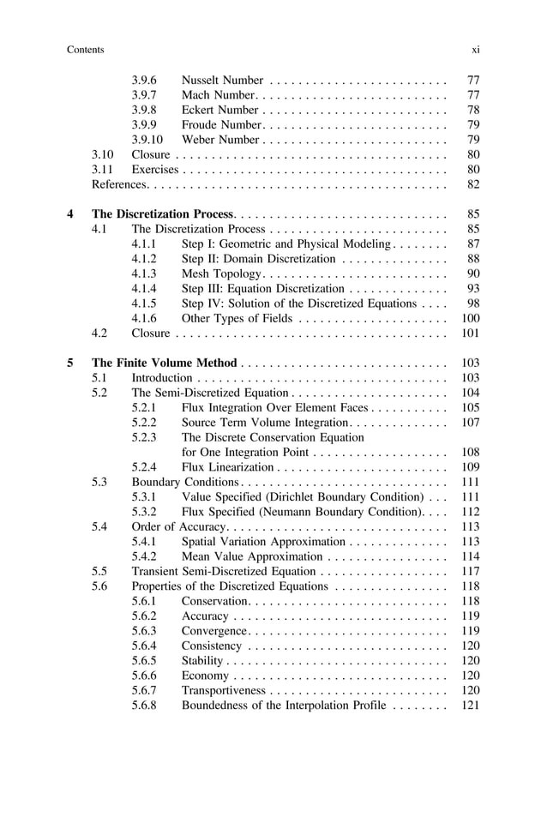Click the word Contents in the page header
pos(85,50)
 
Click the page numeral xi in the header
pos(475,50)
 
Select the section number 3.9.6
pos(146,81)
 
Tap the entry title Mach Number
pos(218,95)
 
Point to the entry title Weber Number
pos(220,140)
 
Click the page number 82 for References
pos(472,184)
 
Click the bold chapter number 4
pos(70,214)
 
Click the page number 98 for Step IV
pos(472,303)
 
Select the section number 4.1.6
pos(146,318)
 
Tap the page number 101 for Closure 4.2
pos(470,333)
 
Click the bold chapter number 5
pos(70,363)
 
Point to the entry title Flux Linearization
pos(227,467)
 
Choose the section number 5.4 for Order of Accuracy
pos(99,526)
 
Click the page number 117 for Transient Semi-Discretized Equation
pos(470,571)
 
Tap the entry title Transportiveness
pos(224,690)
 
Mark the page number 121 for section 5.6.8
pos(470,705)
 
